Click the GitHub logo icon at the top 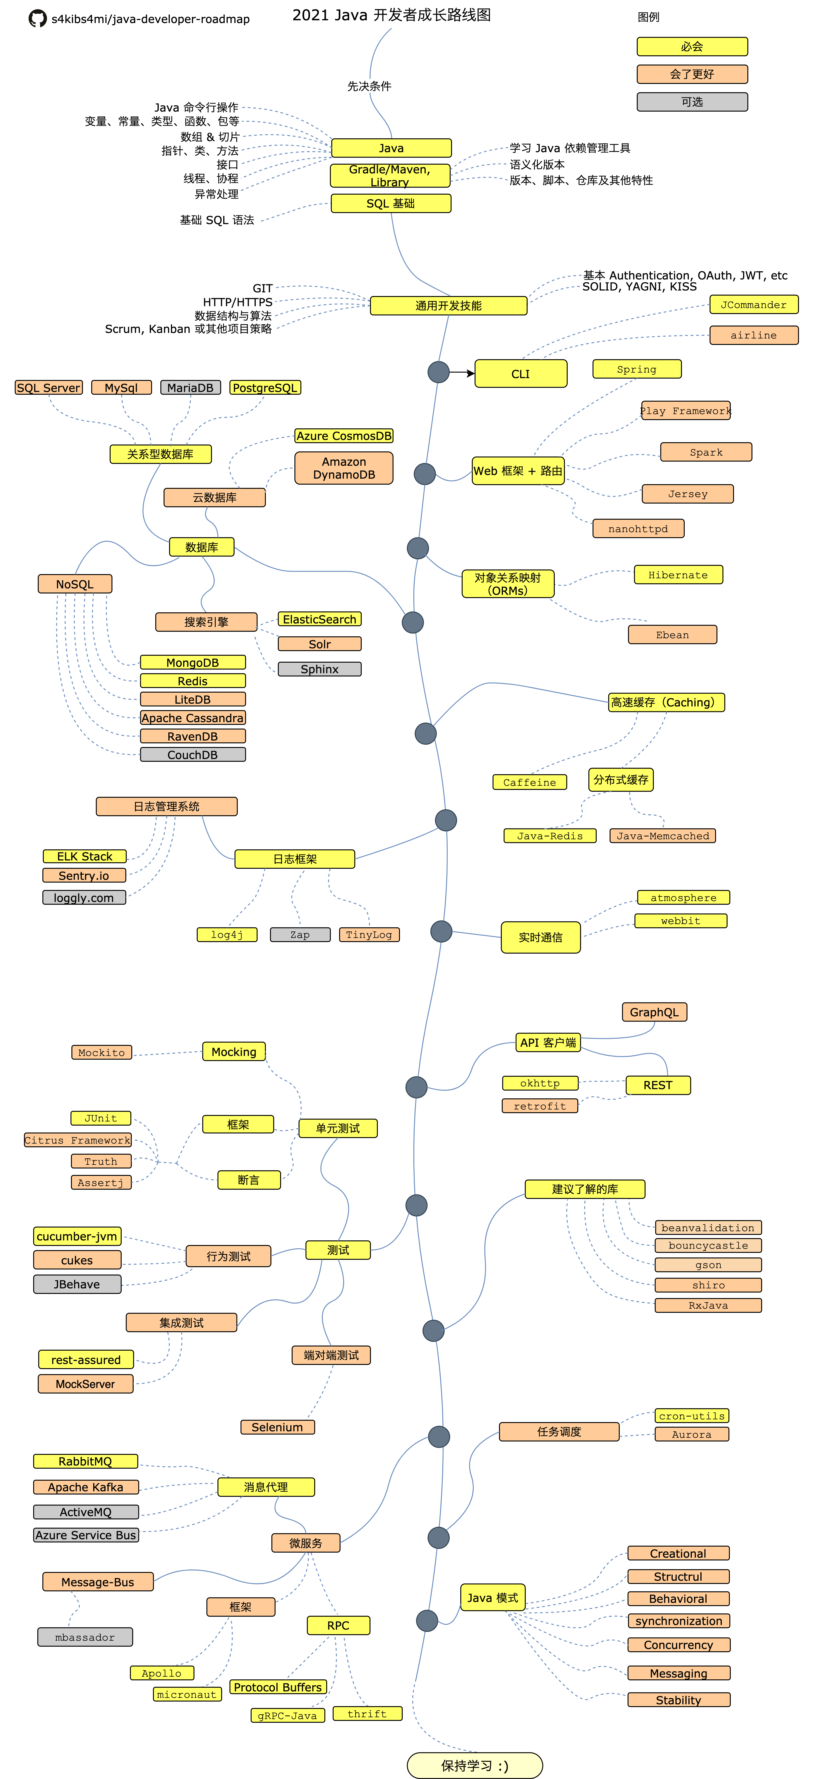pos(37,19)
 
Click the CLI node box pos(520,374)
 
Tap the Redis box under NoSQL pos(193,681)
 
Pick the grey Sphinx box pos(320,669)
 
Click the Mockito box pos(101,1053)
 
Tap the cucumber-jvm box pos(77,1236)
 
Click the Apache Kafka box pos(85,1487)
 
